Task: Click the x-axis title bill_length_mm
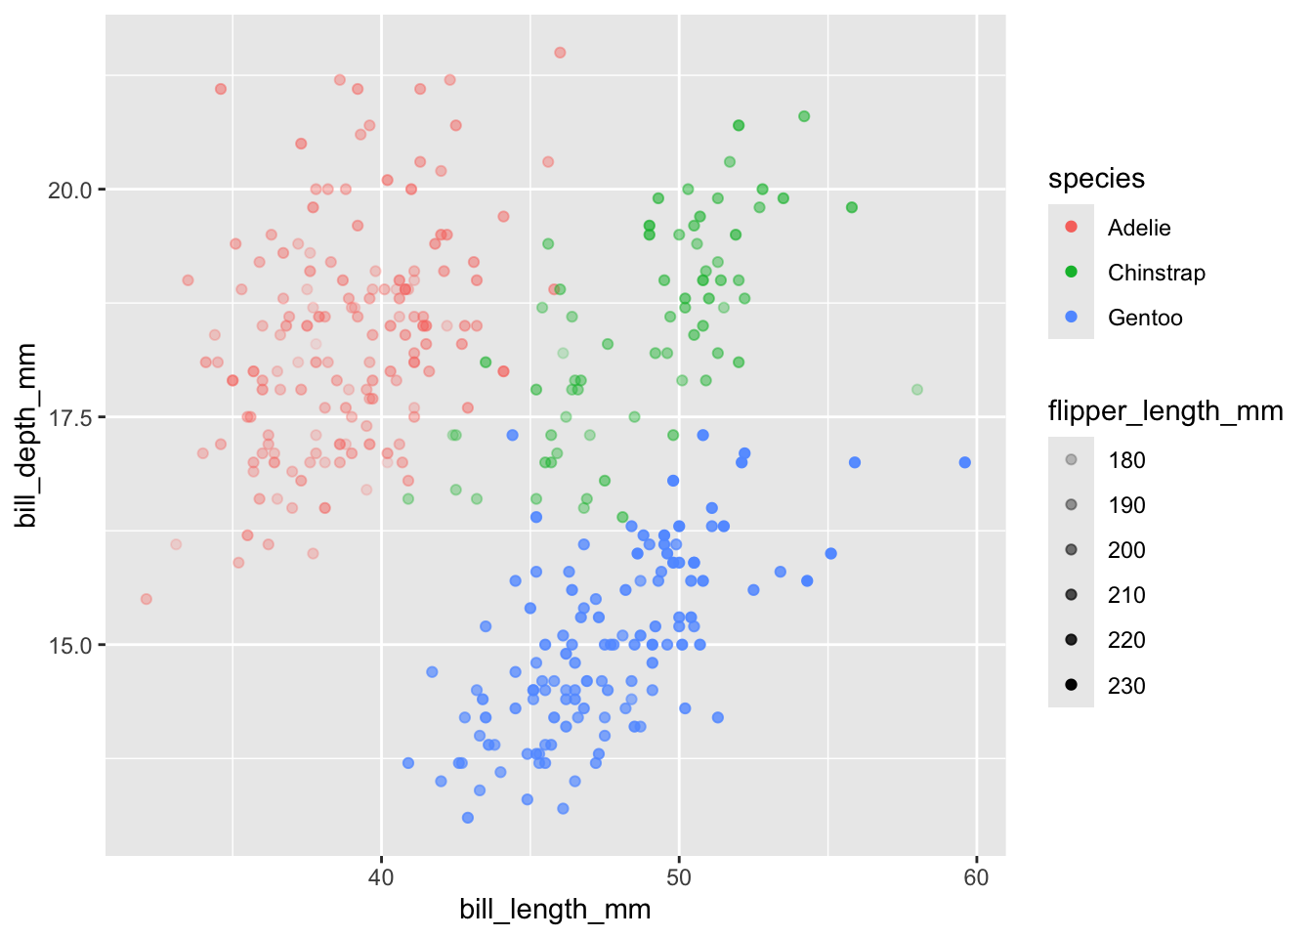tap(555, 910)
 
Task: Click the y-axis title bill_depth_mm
tap(27, 436)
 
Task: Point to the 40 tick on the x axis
tap(381, 877)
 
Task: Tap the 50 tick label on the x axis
tap(679, 877)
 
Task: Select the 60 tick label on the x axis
tap(976, 877)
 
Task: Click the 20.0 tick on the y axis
tap(69, 190)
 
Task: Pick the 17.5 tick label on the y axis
tap(69, 417)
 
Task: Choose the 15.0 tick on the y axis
tap(69, 645)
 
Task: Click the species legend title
tap(1096, 179)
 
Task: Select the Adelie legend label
tap(1138, 228)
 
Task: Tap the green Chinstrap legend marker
tap(1071, 273)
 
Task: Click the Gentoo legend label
tap(1144, 318)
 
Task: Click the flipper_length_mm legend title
tap(1165, 411)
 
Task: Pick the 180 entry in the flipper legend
tap(1125, 460)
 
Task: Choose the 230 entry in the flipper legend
tap(1125, 686)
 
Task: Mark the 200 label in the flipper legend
tap(1125, 550)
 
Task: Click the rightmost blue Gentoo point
tap(965, 462)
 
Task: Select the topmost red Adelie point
tap(560, 53)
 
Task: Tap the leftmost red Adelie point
tap(147, 599)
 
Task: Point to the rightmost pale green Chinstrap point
tap(917, 390)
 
